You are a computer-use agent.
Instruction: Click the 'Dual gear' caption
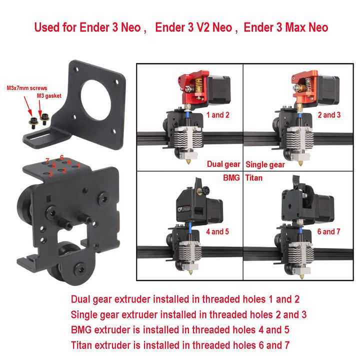(223, 164)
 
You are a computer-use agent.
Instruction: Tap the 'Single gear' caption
(265, 164)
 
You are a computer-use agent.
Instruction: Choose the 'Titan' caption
(255, 177)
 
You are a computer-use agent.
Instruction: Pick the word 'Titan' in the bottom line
(83, 344)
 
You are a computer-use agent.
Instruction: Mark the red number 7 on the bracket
(46, 160)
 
